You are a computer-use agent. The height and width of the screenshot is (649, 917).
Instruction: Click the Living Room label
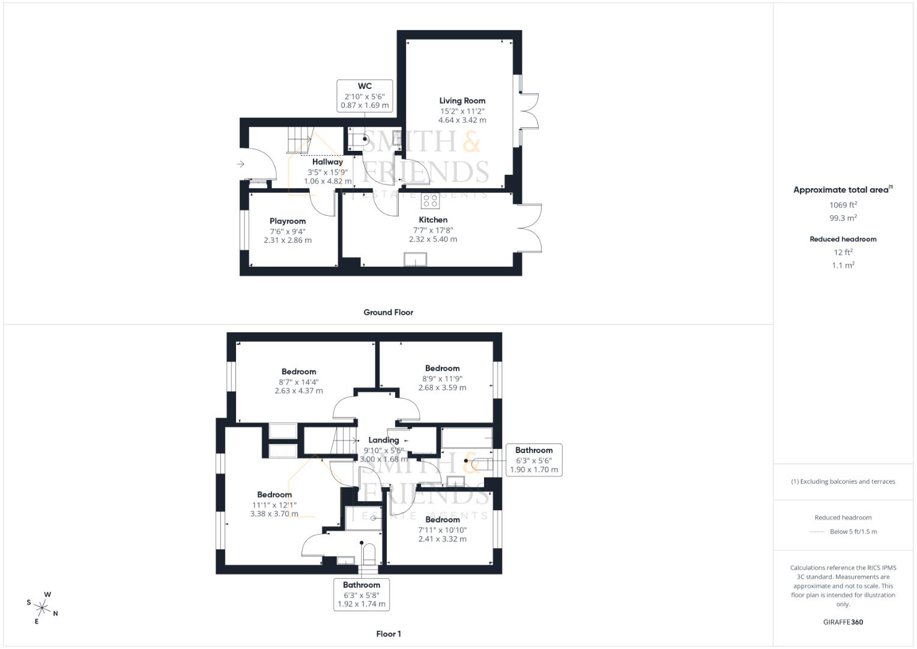coord(462,101)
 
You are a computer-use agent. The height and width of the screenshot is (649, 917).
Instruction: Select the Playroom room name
coord(288,221)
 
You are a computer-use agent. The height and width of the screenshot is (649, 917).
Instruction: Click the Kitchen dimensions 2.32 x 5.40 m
coord(433,239)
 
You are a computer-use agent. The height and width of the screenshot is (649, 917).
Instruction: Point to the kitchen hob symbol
coord(429,201)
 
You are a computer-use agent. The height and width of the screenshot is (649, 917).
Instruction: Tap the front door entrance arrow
coord(241,163)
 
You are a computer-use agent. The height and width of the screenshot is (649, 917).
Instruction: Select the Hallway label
coord(327,162)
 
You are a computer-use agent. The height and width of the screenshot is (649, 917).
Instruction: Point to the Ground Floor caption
coord(388,312)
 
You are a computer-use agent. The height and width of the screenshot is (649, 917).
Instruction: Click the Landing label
coord(384,440)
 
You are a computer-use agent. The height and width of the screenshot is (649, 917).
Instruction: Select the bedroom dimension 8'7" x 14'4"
coord(298,382)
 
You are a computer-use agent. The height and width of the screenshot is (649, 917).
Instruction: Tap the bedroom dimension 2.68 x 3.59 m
coord(442,388)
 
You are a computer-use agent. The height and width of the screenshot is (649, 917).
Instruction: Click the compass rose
coord(43,607)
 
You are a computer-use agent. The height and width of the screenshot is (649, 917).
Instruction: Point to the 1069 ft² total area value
coord(843,205)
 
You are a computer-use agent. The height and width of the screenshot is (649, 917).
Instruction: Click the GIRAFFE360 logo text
coord(843,622)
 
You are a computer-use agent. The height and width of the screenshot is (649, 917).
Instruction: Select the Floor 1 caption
coord(388,634)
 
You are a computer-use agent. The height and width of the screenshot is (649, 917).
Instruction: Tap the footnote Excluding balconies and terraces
coord(843,481)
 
